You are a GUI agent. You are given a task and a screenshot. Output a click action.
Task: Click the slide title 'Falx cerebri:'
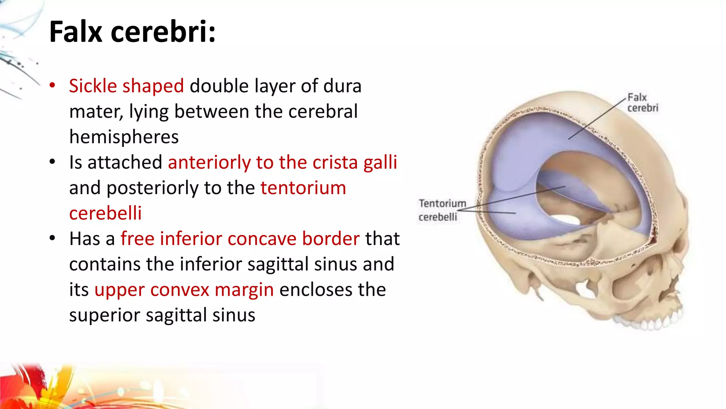(132, 32)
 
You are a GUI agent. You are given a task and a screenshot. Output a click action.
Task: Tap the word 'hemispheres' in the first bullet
(124, 137)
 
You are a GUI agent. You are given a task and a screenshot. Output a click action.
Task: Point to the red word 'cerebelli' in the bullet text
(105, 213)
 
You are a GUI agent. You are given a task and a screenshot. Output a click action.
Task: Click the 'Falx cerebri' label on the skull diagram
(642, 103)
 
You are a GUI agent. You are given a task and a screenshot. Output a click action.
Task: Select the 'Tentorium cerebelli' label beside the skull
(442, 210)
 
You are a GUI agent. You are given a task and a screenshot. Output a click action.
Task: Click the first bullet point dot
(52, 85)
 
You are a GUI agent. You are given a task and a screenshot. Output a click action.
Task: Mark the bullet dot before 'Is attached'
(52, 162)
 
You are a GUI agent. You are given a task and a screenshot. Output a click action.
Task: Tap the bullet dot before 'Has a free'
(52, 238)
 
